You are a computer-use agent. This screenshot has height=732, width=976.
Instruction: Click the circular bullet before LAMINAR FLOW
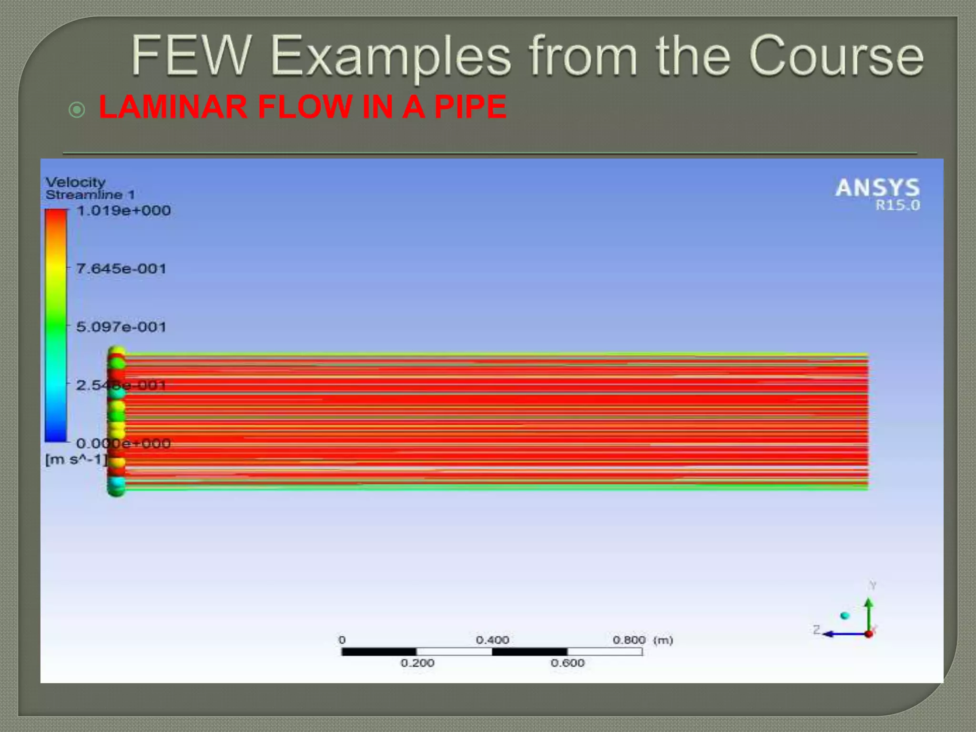[77, 110]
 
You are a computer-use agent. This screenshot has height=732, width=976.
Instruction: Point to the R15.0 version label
[897, 205]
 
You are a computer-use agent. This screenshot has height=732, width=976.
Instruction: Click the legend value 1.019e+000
[123, 211]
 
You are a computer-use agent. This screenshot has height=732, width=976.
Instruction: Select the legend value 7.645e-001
[121, 269]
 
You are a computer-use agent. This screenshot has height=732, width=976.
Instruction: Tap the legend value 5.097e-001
[121, 327]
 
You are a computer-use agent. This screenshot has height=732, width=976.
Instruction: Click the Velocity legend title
[75, 182]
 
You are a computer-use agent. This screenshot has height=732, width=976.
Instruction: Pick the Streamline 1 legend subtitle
[90, 194]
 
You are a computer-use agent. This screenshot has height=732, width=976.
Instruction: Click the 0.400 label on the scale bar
[492, 640]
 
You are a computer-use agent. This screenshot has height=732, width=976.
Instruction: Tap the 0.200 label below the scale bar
[417, 663]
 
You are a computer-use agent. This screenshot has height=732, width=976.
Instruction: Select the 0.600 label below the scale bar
[568, 663]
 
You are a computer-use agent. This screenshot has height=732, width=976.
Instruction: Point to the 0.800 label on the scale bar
[629, 640]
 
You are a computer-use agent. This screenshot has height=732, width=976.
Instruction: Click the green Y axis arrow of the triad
[869, 612]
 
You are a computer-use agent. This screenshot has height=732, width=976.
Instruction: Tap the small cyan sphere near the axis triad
[845, 616]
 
